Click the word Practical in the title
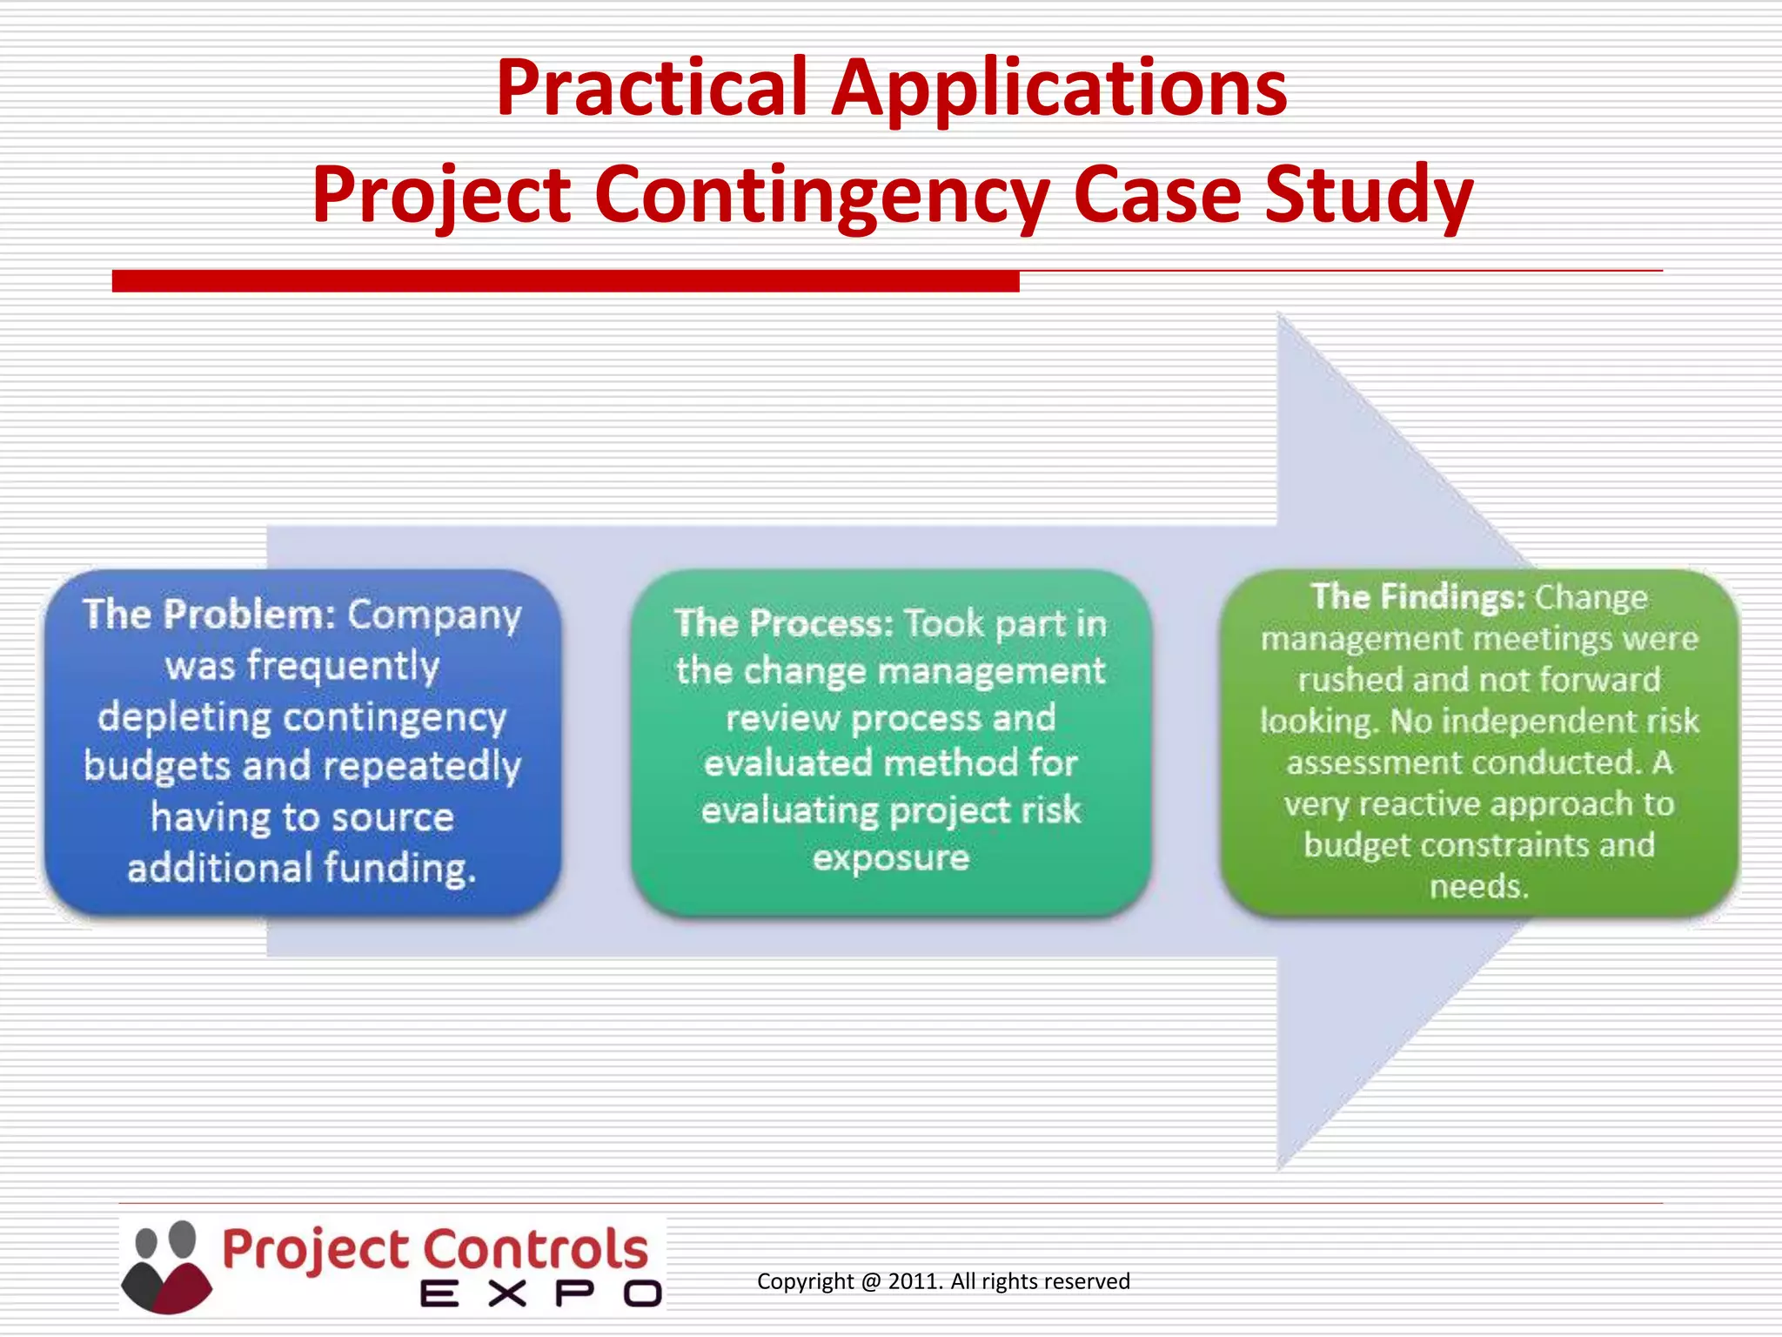652,88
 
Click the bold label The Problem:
209,615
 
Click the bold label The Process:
784,623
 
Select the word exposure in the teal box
891,858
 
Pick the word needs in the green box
1478,886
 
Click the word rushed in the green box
1350,680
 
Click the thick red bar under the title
566,281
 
